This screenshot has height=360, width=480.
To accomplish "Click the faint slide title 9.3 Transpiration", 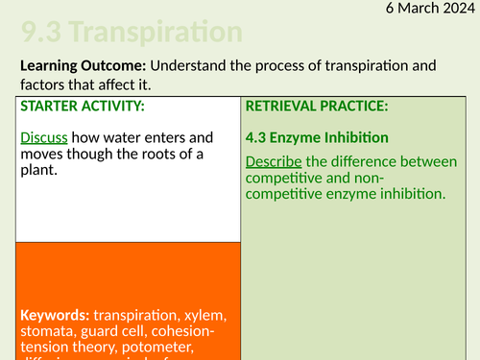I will point(131,32).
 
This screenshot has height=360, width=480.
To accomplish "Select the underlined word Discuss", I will point(43,137).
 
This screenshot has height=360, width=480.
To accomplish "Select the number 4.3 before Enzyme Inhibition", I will point(258,137).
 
